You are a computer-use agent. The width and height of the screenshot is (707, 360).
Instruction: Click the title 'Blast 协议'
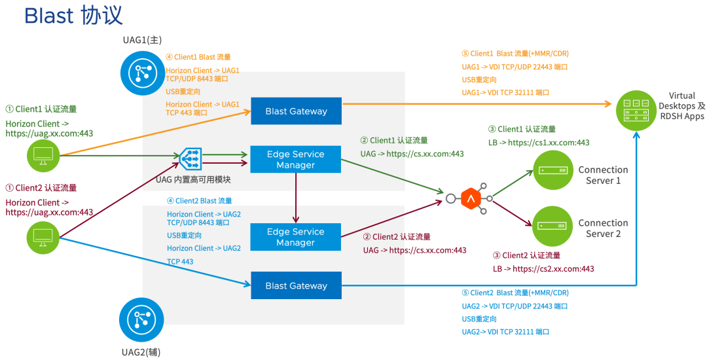pyautogui.click(x=73, y=16)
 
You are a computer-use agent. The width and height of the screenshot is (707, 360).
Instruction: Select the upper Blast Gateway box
pyautogui.click(x=297, y=111)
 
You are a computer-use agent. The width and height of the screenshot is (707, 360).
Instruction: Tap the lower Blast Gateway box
pyautogui.click(x=297, y=285)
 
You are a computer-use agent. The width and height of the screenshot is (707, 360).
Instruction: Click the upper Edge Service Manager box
pyautogui.click(x=295, y=160)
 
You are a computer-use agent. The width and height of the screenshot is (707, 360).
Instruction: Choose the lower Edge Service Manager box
pyautogui.click(x=295, y=237)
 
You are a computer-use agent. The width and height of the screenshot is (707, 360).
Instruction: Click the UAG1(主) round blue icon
pyautogui.click(x=143, y=73)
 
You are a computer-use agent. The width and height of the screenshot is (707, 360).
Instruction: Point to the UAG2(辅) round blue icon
pyautogui.click(x=141, y=320)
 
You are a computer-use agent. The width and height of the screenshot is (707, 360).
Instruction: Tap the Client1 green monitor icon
pyautogui.click(x=43, y=155)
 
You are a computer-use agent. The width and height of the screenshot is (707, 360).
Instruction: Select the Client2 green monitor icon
pyautogui.click(x=43, y=237)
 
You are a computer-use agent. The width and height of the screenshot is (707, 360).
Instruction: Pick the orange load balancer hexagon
pyautogui.click(x=471, y=198)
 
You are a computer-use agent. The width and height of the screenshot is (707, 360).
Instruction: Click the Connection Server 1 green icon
pyautogui.click(x=553, y=170)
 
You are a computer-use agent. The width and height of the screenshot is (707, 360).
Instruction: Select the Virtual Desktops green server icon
pyautogui.click(x=636, y=110)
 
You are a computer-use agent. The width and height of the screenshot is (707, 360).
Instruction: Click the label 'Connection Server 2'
pyautogui.click(x=604, y=228)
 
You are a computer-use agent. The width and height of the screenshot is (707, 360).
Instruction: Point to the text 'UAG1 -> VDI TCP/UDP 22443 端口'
pyautogui.click(x=515, y=67)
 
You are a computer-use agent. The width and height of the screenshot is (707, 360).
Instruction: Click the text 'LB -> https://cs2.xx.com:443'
pyautogui.click(x=543, y=269)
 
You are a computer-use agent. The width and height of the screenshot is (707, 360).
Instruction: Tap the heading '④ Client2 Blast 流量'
pyautogui.click(x=199, y=201)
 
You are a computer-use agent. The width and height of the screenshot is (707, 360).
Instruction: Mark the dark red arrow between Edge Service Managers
pyautogui.click(x=296, y=198)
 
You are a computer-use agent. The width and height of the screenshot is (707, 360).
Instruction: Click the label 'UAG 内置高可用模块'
pyautogui.click(x=193, y=180)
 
